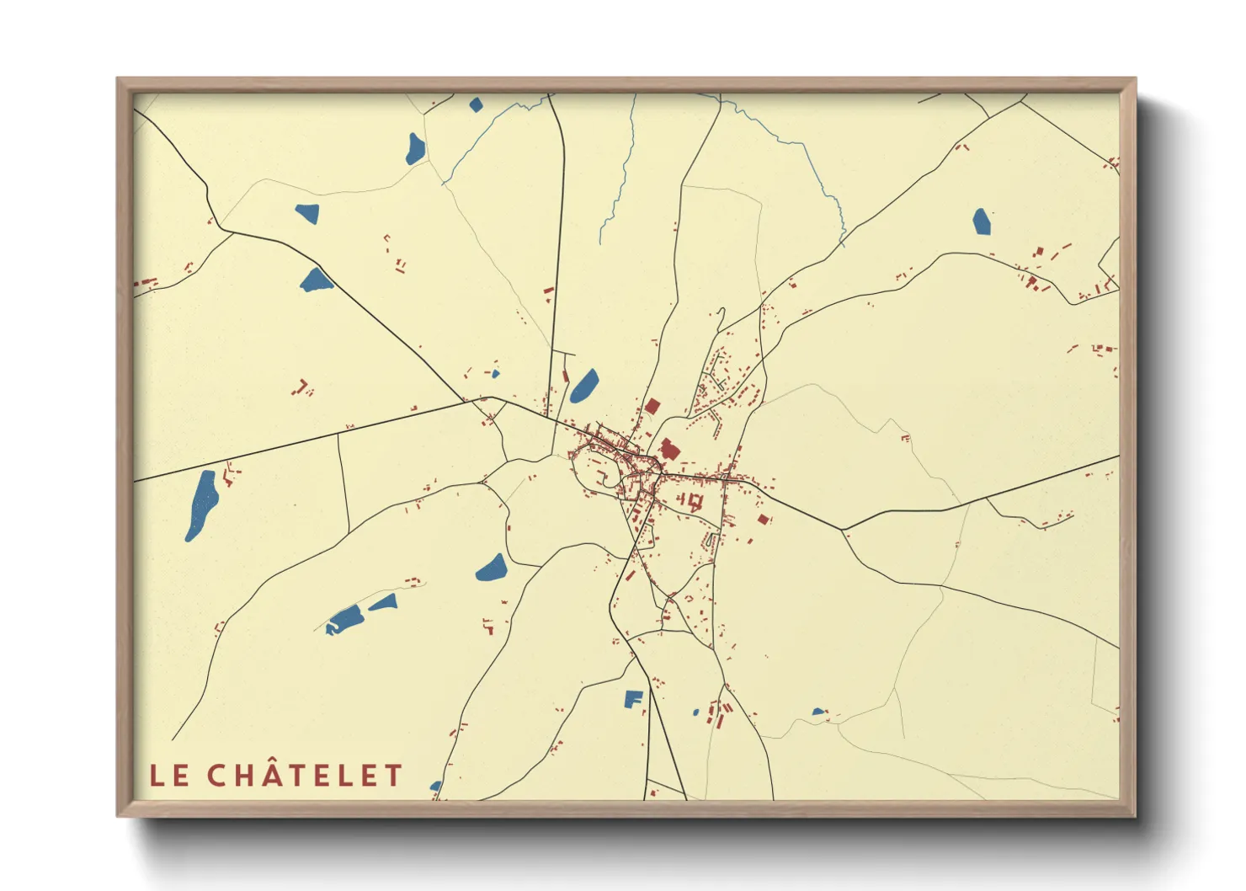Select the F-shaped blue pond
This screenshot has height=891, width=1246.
pos(633,698)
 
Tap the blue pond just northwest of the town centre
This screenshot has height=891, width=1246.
pos(584,386)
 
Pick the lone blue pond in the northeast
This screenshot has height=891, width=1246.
pos(982,221)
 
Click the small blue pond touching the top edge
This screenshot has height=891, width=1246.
pos(476,104)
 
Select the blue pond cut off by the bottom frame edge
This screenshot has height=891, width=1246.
pos(436,787)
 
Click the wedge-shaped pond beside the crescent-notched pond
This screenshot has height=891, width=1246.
pos(384,602)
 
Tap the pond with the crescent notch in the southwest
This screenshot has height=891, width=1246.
pos(345,620)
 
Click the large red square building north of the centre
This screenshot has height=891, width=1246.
pos(651,406)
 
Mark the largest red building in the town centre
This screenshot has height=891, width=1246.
pos(669,449)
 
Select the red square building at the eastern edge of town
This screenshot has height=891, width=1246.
pos(764,520)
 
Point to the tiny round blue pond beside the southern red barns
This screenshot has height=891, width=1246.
pos(695,712)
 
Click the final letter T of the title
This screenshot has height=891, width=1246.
pos(394,776)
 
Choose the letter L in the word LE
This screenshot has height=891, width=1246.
pos(157,776)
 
